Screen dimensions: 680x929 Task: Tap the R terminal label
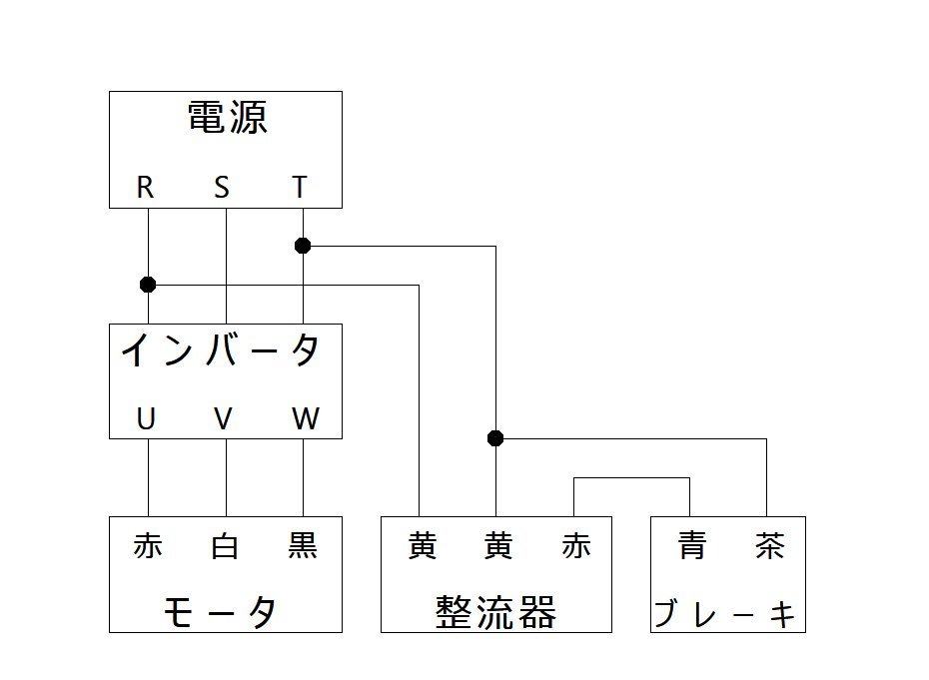pos(146,187)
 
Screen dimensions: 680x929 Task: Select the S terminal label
pos(222,187)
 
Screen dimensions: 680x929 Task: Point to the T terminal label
pos(300,187)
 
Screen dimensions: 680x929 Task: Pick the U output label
pos(146,419)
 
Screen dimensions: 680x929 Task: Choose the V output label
pos(223,419)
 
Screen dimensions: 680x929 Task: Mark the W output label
pos(305,419)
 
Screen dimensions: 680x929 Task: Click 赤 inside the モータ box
pos(147,546)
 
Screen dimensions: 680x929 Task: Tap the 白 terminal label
pos(225,546)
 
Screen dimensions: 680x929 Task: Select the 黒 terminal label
pos(302,546)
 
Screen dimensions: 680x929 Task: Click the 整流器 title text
pos(495,611)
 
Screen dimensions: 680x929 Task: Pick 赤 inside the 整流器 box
pos(576,546)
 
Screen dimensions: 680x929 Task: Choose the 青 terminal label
pos(691,546)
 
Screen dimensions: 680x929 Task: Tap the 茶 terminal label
pos(769,546)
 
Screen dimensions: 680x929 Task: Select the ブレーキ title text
pos(726,613)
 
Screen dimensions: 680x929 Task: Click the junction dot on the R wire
pos(148,285)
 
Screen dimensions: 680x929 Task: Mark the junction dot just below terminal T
pos(303,246)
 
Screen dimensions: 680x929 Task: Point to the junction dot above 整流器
pos(495,438)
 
